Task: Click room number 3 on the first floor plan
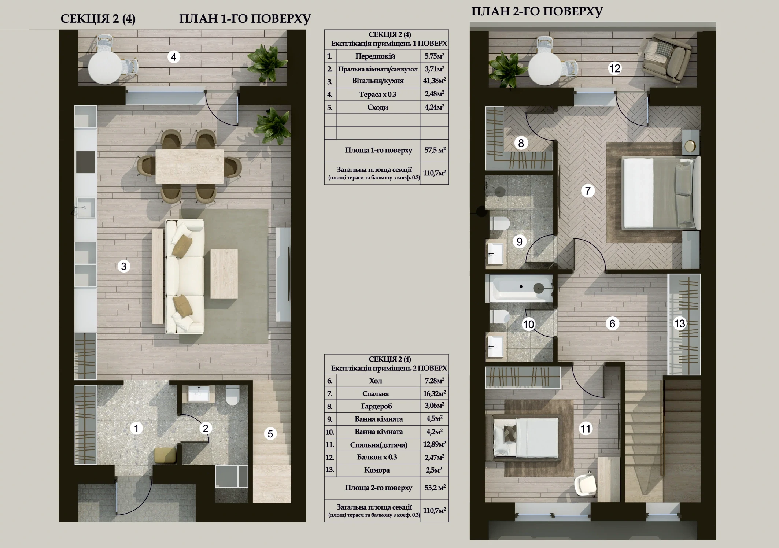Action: (124, 266)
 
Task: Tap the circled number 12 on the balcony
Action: (614, 68)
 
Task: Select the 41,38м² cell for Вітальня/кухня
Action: (434, 81)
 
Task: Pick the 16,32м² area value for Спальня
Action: (434, 393)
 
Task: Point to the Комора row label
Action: (377, 470)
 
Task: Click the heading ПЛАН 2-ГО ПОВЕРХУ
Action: (537, 11)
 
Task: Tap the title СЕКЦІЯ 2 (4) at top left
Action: (98, 19)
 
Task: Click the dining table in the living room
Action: (189, 166)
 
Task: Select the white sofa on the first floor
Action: (185, 276)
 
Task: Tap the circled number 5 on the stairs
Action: (270, 434)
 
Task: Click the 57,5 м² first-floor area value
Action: (435, 150)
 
